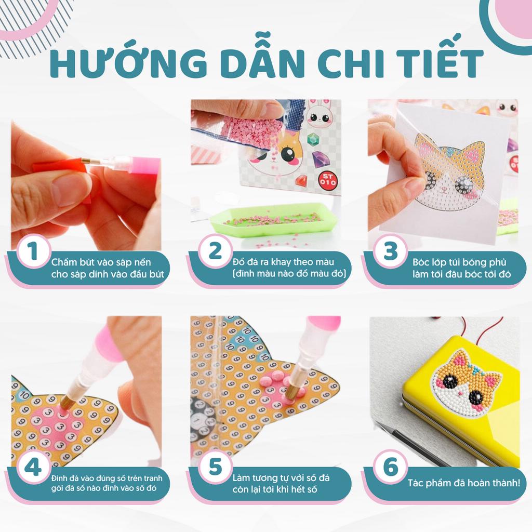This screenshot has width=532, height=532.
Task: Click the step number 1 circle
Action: pyautogui.click(x=33, y=253)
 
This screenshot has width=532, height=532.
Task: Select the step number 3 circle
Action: pyautogui.click(x=390, y=252)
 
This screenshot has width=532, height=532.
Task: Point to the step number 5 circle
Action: pyautogui.click(x=215, y=468)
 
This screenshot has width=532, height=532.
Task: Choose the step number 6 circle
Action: pyautogui.click(x=390, y=468)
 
